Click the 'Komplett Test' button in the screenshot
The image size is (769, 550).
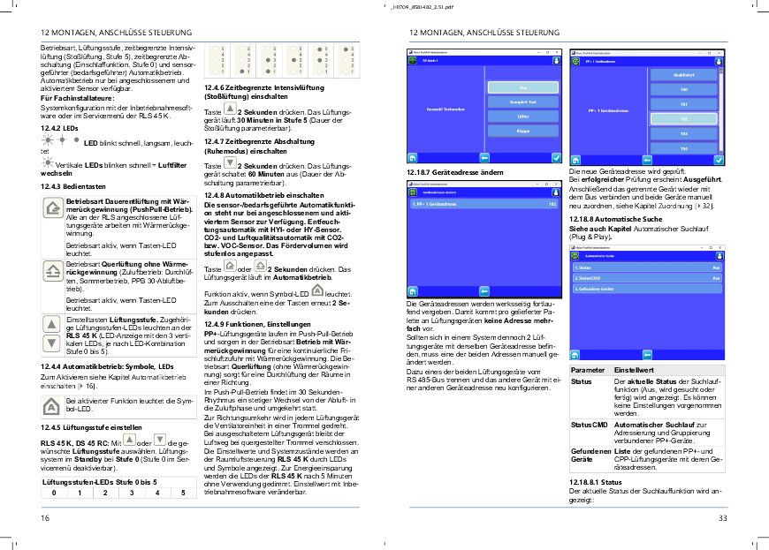(522, 102)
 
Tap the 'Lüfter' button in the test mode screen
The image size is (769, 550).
(522, 117)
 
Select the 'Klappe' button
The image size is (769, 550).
(522, 131)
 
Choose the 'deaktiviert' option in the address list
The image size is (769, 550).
(683, 74)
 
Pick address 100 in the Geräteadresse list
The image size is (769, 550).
(683, 89)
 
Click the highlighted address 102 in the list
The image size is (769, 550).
(683, 118)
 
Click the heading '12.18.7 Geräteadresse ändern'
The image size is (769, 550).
(445, 172)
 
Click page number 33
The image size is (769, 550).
(722, 518)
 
